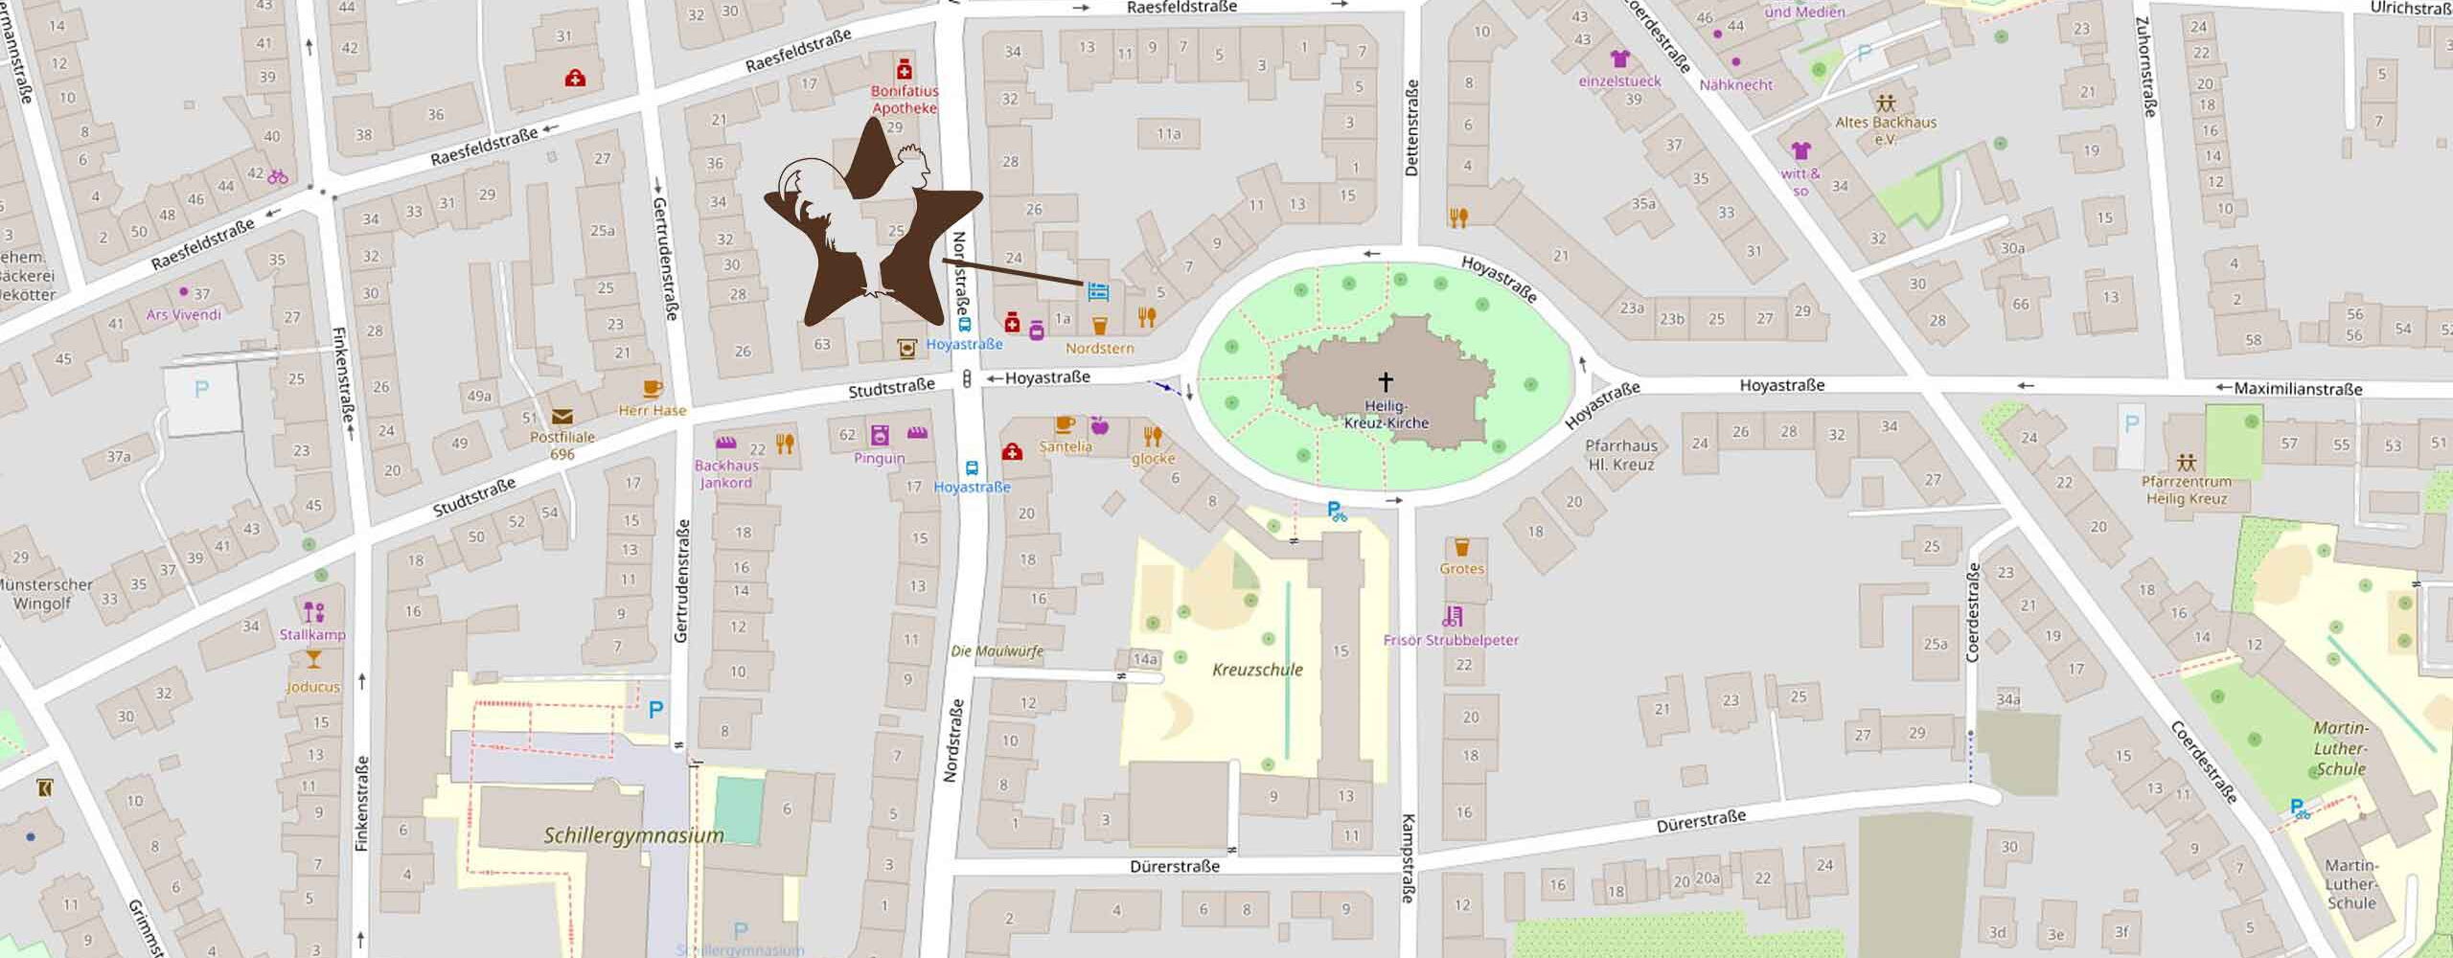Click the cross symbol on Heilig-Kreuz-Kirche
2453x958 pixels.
[x=1385, y=381]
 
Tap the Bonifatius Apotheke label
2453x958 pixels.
[x=904, y=100]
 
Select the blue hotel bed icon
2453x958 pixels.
[x=1098, y=290]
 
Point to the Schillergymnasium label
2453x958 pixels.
[x=633, y=835]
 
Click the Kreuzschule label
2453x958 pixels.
[x=1257, y=670]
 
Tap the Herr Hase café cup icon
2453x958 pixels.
[x=653, y=388]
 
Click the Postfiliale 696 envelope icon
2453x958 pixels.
[x=562, y=417]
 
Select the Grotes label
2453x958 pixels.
[x=1461, y=568]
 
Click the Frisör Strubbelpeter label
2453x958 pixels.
[x=1451, y=640]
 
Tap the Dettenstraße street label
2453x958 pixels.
[x=1410, y=127]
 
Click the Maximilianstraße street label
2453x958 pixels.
[x=2297, y=389]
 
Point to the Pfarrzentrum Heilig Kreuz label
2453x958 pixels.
[x=2186, y=490]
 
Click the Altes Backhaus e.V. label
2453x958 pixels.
[x=1885, y=129]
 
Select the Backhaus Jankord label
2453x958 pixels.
[x=726, y=473]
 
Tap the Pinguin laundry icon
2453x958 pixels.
[x=880, y=435]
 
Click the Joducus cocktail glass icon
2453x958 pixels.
[x=312, y=659]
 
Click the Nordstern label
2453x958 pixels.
[x=1099, y=348]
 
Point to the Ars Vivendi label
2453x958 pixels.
[x=183, y=314]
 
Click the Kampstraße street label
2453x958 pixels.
[x=1409, y=857]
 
